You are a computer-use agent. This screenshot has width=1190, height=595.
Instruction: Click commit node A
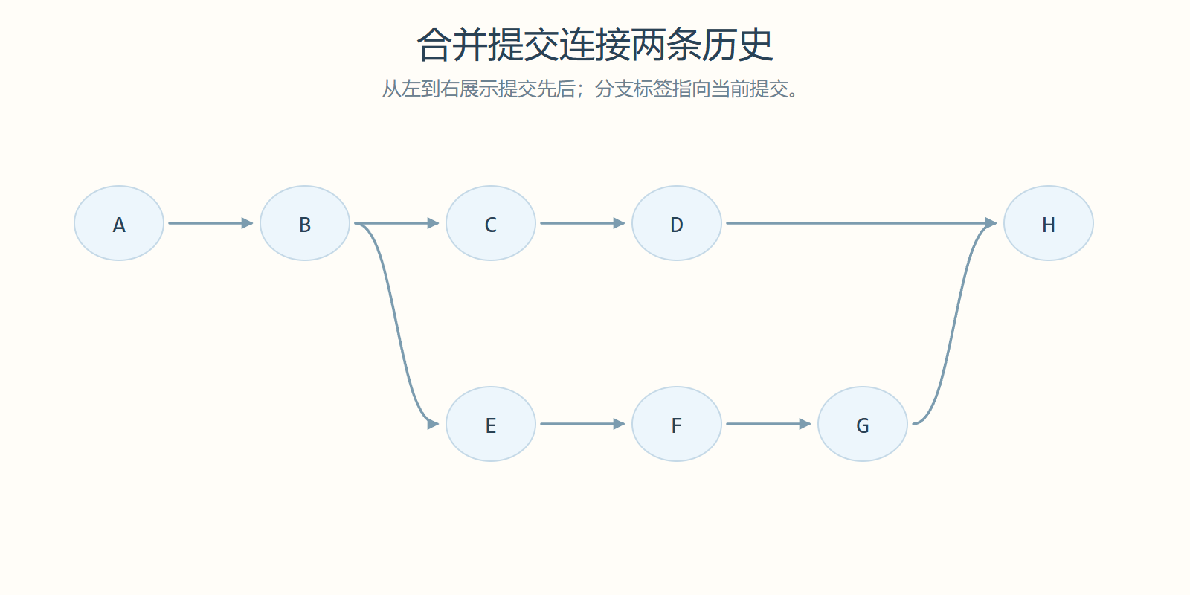119,223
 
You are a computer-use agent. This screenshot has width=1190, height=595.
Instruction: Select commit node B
305,223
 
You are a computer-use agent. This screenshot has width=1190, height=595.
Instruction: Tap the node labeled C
491,223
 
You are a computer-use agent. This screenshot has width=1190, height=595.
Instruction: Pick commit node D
677,223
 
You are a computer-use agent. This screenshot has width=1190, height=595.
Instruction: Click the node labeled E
491,424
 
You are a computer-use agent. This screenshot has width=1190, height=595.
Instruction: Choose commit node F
677,424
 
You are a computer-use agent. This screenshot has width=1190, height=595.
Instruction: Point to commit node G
863,424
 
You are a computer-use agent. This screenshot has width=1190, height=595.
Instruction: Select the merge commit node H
1049,223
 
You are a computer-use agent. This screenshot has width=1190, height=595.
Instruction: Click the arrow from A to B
211,223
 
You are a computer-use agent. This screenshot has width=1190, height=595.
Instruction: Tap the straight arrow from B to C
397,223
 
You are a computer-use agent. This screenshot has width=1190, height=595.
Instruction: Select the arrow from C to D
583,223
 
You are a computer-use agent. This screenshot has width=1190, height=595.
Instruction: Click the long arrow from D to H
862,223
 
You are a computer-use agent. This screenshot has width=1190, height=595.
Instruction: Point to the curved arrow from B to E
396,324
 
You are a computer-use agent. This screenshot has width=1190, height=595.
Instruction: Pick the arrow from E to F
583,424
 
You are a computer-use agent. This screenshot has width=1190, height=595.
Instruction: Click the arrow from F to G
769,424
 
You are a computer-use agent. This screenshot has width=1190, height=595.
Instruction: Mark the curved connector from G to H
955,324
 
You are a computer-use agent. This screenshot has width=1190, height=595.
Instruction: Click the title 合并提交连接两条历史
595,45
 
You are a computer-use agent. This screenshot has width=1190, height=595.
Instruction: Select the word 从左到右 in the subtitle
420,89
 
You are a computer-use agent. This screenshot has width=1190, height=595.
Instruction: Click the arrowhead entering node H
991,223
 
